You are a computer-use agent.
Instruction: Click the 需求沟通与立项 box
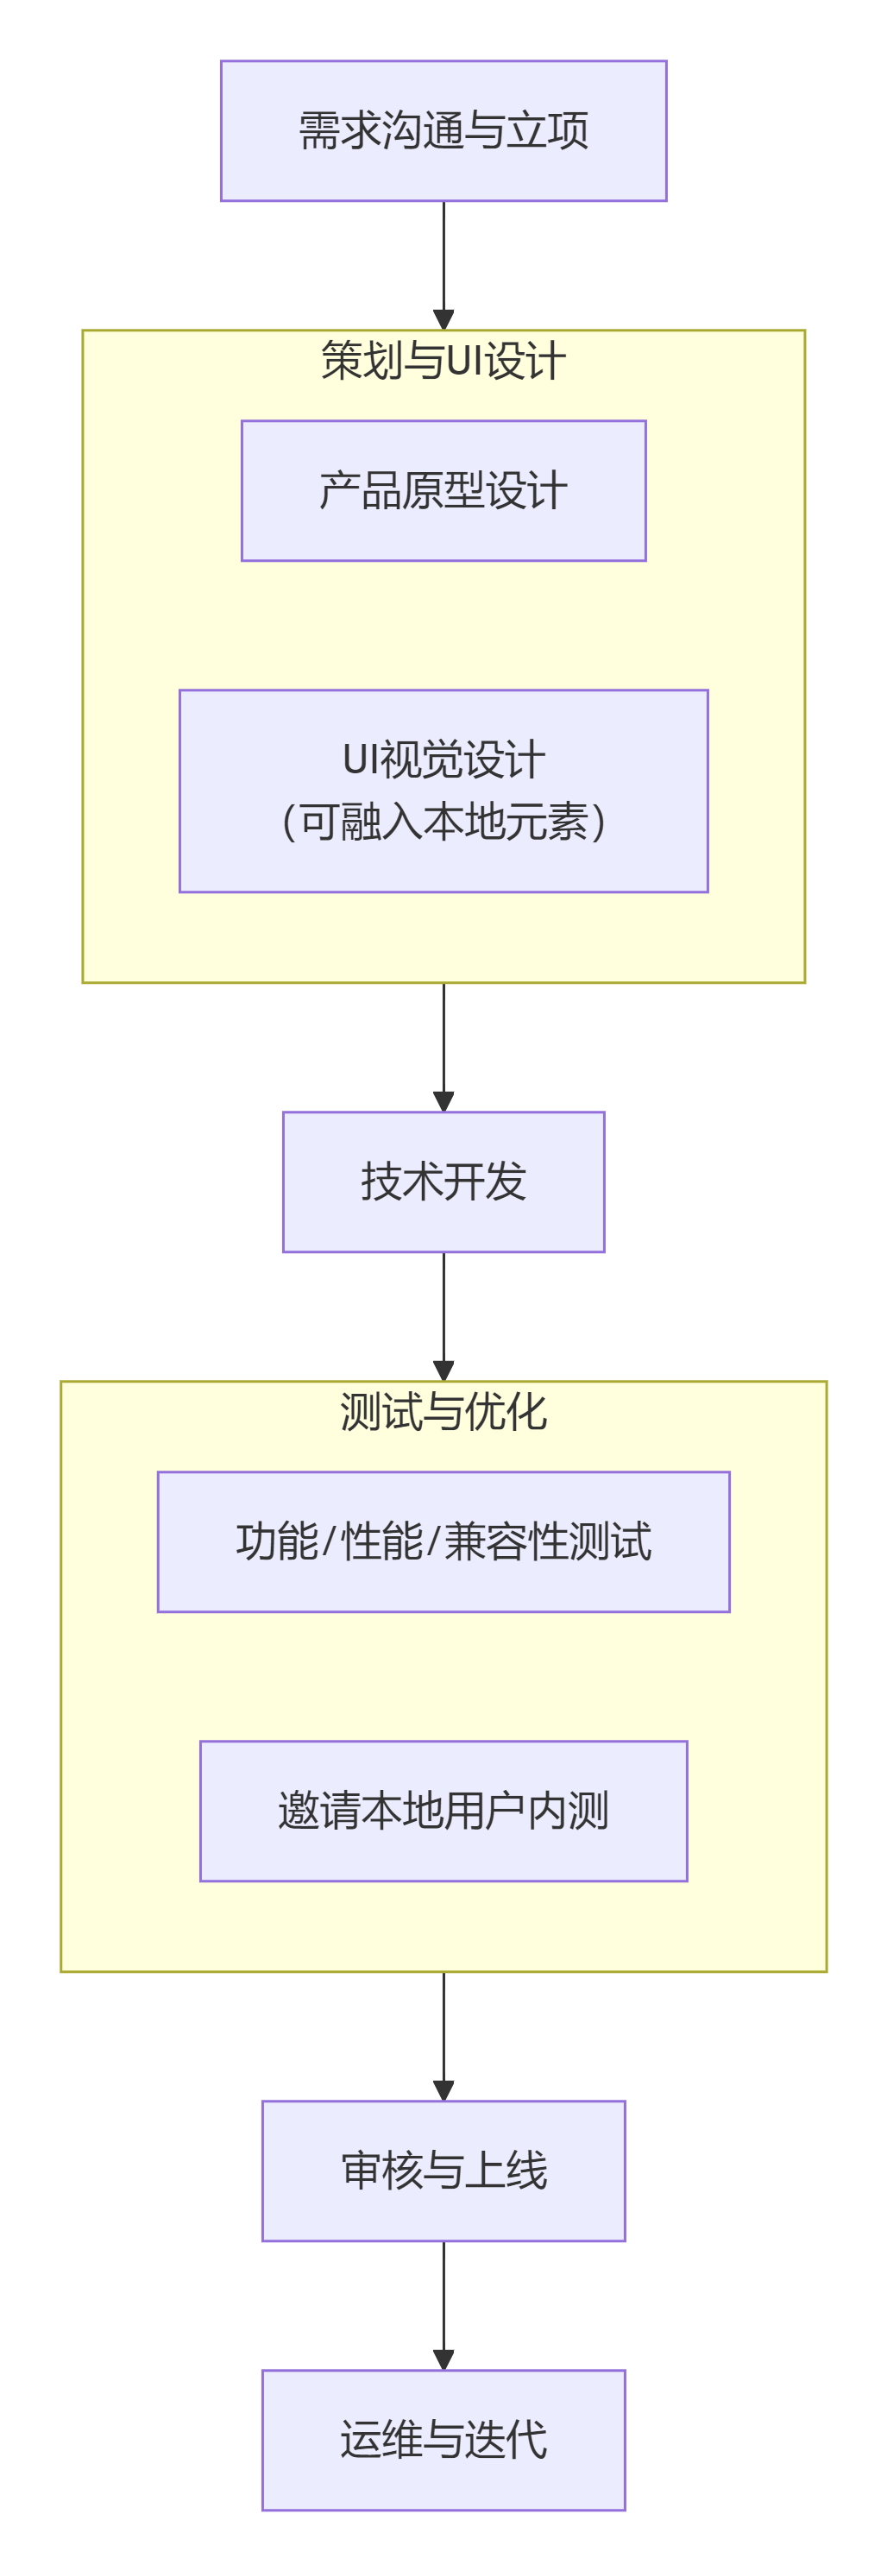pos(443,130)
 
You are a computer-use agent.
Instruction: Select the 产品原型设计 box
pos(443,490)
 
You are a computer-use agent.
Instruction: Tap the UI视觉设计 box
pos(443,790)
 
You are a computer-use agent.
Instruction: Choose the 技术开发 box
pos(443,1181)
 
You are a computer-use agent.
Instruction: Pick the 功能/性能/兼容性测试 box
pos(443,1541)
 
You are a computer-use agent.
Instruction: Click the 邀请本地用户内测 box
pos(443,1811)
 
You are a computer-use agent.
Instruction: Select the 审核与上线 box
pos(443,2171)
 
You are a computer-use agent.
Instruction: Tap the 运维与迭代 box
pos(443,2441)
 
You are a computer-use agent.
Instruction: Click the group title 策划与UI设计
pos(443,360)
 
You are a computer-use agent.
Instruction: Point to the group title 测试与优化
pos(443,1411)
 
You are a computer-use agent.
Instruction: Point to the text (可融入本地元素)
pos(443,822)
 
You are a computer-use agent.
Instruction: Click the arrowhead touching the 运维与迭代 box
pos(443,2360)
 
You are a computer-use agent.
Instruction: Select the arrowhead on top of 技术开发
pos(443,1101)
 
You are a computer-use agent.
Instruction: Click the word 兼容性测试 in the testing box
pos(547,1541)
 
